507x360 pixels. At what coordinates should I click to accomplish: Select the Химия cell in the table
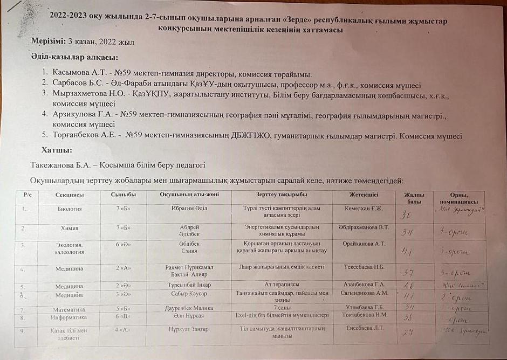pos(70,228)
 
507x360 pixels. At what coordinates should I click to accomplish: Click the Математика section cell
pos(73,310)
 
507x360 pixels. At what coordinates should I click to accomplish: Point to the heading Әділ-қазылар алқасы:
pos(74,58)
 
